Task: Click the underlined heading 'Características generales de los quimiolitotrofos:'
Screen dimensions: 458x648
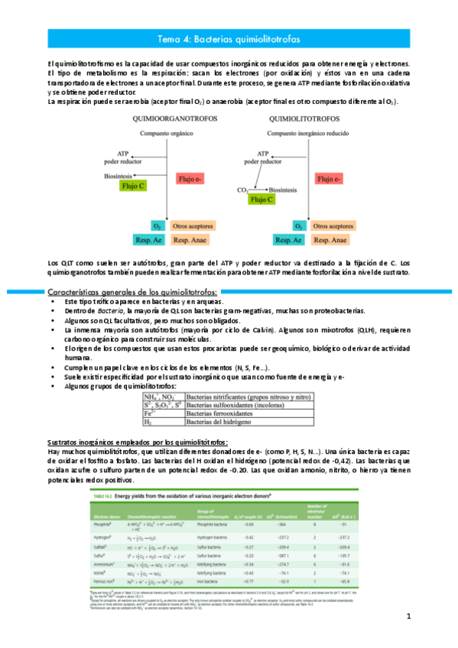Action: [x=132, y=293]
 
